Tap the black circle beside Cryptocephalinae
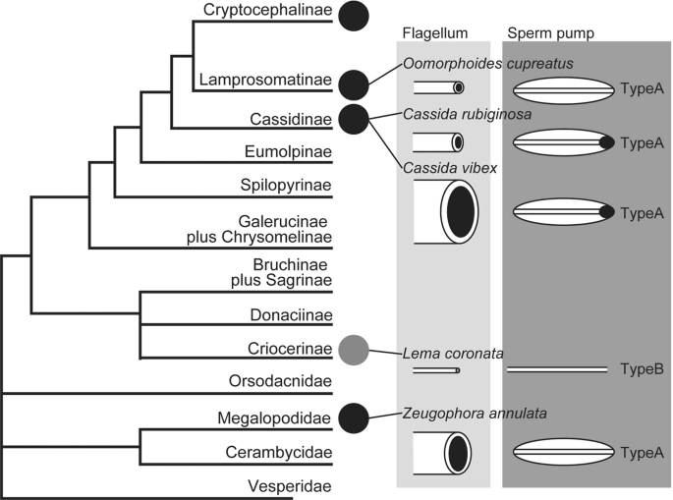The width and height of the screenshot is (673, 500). tap(354, 15)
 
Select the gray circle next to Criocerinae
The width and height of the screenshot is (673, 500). tap(354, 348)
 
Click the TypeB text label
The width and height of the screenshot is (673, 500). tap(643, 369)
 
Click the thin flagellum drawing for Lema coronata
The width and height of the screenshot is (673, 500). tap(436, 370)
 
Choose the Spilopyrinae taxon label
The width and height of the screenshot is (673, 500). tap(286, 186)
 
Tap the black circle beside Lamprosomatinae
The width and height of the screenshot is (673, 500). tap(354, 84)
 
